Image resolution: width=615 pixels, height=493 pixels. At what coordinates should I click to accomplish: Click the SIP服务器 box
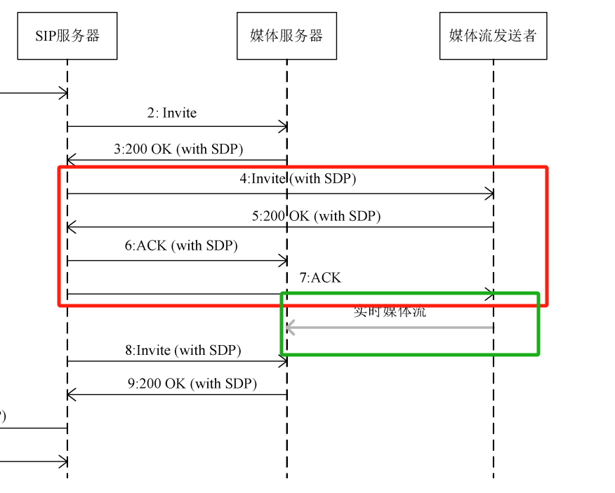click(x=67, y=35)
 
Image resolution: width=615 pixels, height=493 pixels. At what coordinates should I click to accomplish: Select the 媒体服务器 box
click(x=286, y=35)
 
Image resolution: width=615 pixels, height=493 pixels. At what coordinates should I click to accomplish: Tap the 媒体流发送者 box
click(x=493, y=35)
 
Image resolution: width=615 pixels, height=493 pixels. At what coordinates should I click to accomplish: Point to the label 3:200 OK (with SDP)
click(x=178, y=149)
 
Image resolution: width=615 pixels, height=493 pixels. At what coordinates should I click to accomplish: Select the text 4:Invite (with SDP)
click(x=298, y=179)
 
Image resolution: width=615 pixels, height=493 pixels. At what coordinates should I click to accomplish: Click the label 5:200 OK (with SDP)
click(x=316, y=216)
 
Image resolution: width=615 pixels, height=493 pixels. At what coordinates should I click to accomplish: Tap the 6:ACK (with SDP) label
click(x=181, y=245)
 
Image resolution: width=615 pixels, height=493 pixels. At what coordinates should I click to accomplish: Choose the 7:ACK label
click(x=320, y=278)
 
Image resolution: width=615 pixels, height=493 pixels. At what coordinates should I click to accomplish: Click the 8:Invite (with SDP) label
click(x=183, y=349)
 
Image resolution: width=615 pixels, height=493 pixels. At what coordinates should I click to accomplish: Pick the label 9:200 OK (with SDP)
click(x=192, y=384)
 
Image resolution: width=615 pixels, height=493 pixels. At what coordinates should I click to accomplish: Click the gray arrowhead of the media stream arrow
click(x=289, y=327)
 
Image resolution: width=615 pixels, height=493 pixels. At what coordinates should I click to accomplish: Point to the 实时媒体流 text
click(x=390, y=311)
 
